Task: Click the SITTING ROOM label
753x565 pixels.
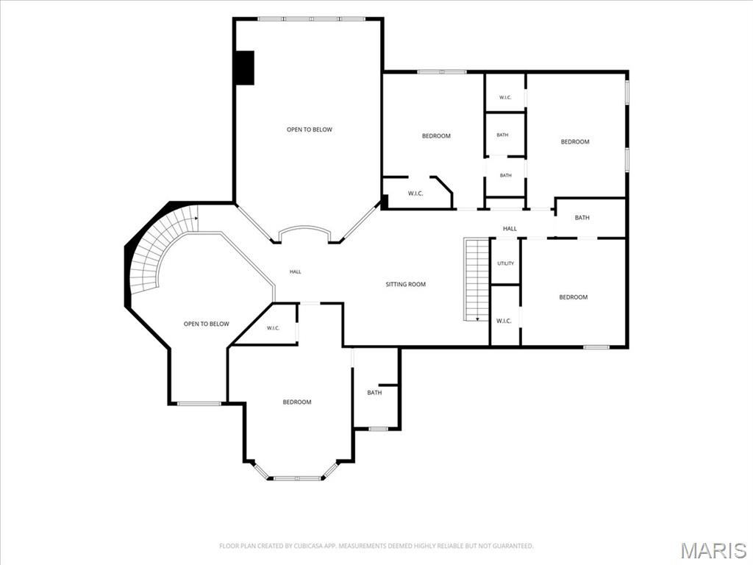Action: pos(406,285)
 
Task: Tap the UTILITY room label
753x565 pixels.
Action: pos(506,263)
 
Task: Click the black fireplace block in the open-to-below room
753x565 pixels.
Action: pos(244,68)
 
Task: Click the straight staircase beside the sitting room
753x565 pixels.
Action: pos(477,280)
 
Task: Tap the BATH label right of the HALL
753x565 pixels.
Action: pos(582,218)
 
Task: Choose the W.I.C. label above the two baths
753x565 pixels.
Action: pos(505,98)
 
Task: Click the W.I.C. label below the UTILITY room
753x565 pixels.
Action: pos(504,321)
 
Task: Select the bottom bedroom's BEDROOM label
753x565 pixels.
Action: pos(297,402)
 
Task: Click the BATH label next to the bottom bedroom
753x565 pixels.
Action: pos(374,393)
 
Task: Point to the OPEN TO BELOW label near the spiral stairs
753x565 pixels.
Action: pos(207,324)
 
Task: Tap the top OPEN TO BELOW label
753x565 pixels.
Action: pos(310,129)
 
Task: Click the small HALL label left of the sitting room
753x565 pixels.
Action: pos(296,272)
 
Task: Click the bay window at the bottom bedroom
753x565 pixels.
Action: pos(296,477)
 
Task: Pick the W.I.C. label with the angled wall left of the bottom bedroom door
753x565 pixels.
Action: pos(274,328)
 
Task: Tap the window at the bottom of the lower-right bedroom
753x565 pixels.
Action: pos(596,347)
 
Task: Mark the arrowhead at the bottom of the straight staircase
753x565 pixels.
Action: pos(478,319)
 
